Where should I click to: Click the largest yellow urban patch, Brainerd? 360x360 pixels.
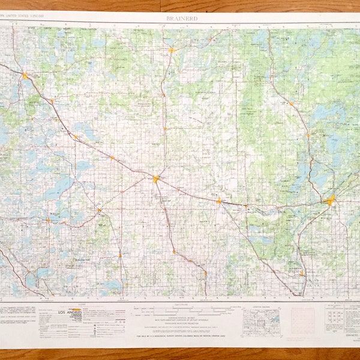click(x=331, y=200)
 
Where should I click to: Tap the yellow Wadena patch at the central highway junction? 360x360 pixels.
click(x=156, y=178)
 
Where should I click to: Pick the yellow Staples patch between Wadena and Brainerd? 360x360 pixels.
click(x=219, y=200)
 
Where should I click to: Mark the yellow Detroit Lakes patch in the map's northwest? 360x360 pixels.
click(x=25, y=76)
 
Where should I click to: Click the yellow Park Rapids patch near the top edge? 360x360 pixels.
click(x=172, y=50)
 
